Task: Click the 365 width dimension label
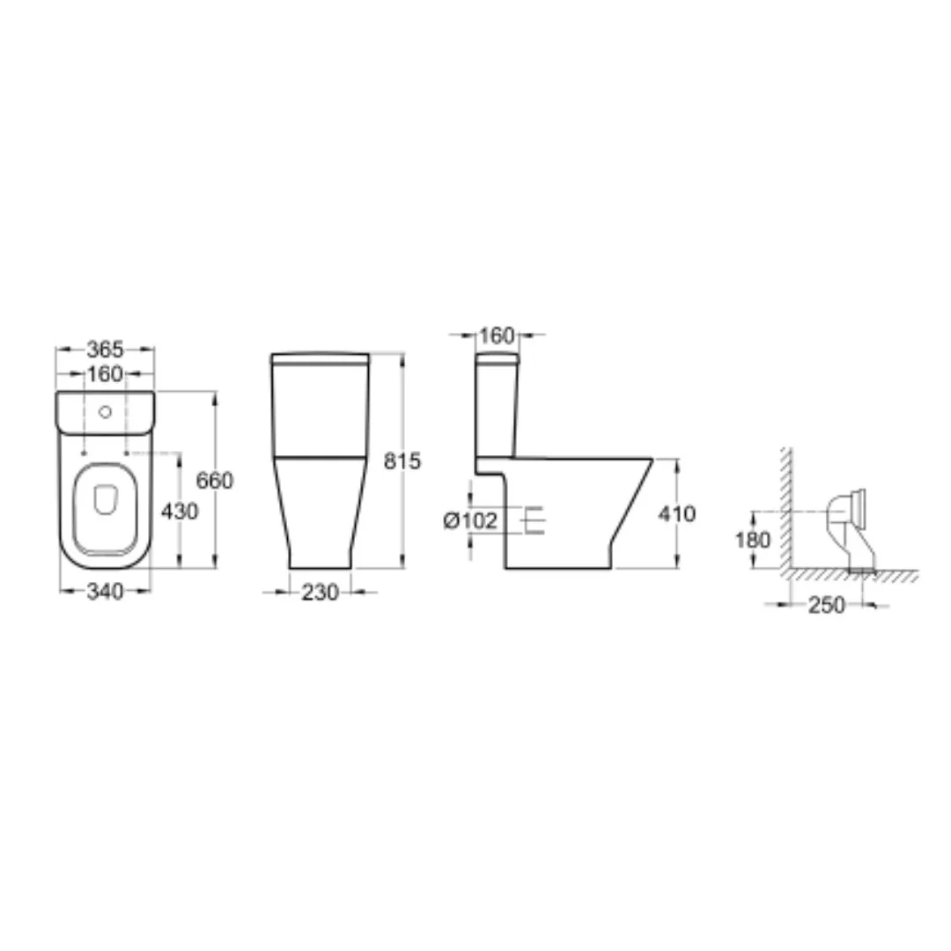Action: click(x=105, y=350)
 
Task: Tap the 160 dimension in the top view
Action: click(x=105, y=374)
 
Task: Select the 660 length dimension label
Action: click(x=214, y=481)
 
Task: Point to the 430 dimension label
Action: click(x=180, y=512)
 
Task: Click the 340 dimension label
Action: click(x=105, y=592)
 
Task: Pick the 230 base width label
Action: click(x=320, y=593)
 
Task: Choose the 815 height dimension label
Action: click(x=402, y=461)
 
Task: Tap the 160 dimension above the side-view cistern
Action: click(x=497, y=335)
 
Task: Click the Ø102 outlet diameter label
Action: click(x=470, y=520)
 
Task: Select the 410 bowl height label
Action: click(x=677, y=514)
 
